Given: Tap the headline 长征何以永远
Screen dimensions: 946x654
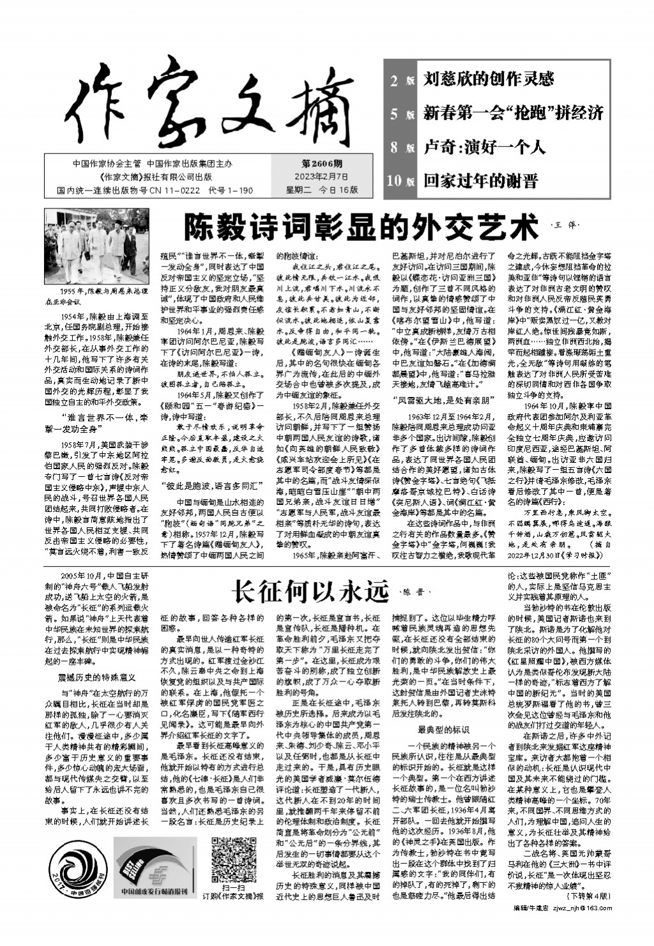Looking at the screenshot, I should click(309, 591).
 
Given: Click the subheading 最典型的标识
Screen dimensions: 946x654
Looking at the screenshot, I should click(443, 729).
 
